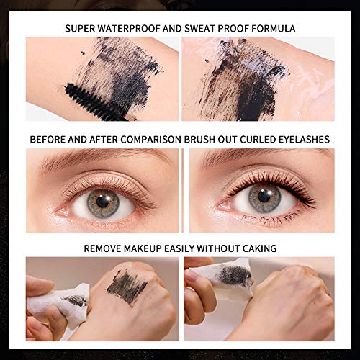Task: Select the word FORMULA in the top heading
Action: point(270,29)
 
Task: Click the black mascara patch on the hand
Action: point(127,286)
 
